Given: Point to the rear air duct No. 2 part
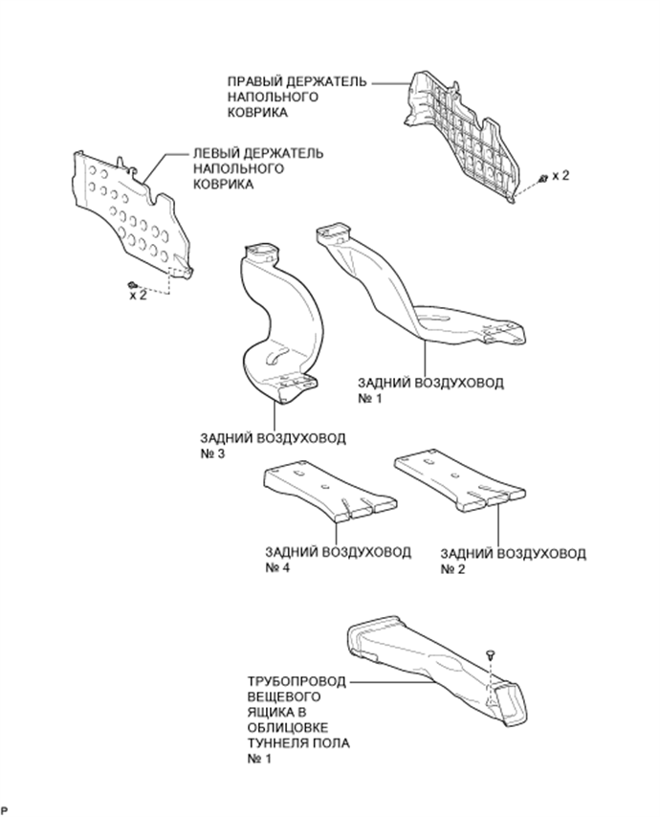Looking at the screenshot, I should tap(459, 478).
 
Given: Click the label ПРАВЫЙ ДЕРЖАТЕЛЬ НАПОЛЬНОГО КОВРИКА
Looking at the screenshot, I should tap(297, 97).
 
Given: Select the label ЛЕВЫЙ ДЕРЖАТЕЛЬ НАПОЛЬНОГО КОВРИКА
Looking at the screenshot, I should tap(257, 168).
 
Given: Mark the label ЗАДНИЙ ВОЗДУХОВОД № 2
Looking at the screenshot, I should tap(513, 561).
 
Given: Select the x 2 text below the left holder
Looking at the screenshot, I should tap(138, 296).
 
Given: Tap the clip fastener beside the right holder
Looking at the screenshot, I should tap(542, 178).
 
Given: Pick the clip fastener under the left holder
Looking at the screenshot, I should tap(131, 284).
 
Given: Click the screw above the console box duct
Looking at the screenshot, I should tap(491, 654).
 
